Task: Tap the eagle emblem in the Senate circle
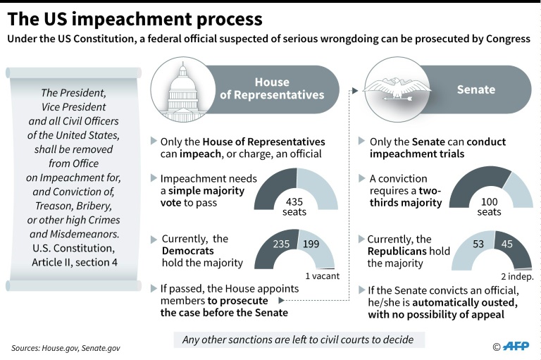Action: pos(397,89)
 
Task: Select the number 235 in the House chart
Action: pos(281,244)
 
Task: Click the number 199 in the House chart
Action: pos(311,244)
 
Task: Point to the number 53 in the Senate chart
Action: pos(478,244)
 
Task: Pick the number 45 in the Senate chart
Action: pos(507,244)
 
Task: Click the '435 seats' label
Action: pos(294,206)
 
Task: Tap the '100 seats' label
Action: pos(490,206)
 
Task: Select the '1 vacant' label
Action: pos(322,275)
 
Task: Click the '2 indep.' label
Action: pos(517,276)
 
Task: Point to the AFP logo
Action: pos(516,346)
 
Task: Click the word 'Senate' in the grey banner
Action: pos(476,89)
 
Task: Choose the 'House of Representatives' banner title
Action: pos(272,88)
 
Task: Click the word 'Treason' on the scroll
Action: pos(53,206)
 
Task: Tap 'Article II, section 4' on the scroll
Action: pos(75,262)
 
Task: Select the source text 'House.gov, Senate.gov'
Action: pos(81,348)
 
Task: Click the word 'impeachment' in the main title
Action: pos(132,19)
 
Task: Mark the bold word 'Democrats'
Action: pos(188,251)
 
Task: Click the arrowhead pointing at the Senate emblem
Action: pos(355,90)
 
